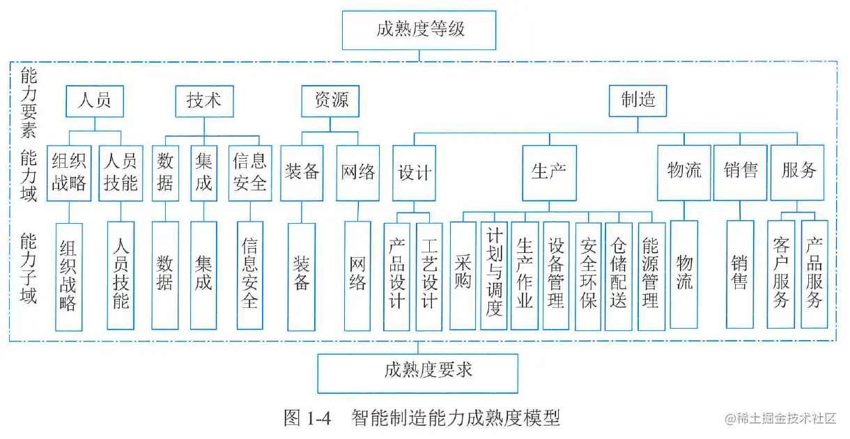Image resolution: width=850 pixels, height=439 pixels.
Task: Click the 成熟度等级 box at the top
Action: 419,30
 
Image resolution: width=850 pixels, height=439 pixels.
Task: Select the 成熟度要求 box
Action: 417,372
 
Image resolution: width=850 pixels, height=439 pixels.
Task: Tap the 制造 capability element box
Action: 637,100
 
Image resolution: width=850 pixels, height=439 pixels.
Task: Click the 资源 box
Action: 331,100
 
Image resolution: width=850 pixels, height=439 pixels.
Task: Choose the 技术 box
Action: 204,100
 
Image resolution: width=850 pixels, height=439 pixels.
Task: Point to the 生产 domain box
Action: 549,172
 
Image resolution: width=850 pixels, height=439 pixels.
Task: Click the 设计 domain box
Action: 415,172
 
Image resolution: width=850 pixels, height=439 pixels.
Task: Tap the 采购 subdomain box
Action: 463,275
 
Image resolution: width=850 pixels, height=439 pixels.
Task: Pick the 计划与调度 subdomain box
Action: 494,275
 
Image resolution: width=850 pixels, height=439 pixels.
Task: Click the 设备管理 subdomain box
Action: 556,275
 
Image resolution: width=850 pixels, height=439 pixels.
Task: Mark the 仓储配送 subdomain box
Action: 619,275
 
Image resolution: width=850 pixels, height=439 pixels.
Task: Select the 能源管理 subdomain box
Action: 650,275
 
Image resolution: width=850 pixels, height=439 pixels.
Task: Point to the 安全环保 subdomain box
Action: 588,275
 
